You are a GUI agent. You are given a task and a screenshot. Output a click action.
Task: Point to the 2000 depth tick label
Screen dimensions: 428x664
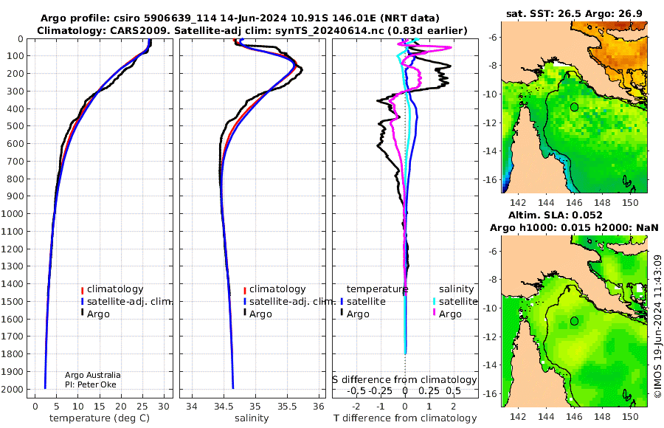(x=15, y=390)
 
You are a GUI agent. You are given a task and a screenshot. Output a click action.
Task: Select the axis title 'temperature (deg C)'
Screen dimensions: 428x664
(x=99, y=418)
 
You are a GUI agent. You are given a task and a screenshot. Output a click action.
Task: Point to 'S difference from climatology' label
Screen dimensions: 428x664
(x=404, y=379)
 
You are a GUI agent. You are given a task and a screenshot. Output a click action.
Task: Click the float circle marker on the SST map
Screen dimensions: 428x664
(x=574, y=107)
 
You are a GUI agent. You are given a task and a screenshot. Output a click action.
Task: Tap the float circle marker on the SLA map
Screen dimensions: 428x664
(x=574, y=321)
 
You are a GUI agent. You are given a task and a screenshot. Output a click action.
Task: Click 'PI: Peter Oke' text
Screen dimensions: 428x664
(x=91, y=385)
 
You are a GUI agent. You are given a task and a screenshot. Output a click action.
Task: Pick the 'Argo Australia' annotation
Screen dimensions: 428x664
(x=92, y=375)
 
